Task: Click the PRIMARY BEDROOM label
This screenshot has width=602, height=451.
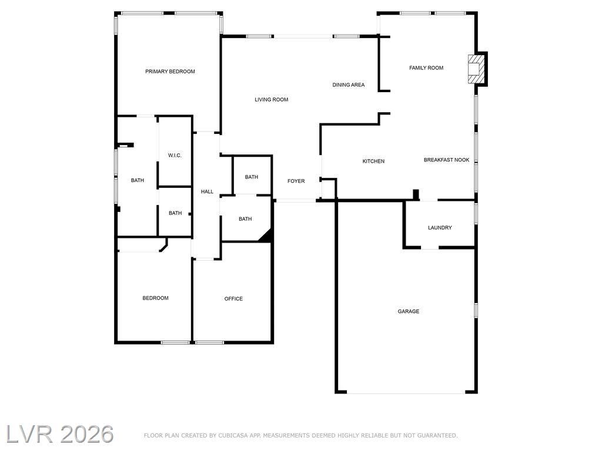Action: point(170,71)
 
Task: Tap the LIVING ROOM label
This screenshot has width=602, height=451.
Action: point(272,100)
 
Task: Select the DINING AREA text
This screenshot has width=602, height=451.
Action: point(349,85)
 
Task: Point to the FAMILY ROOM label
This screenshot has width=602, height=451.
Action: point(426,68)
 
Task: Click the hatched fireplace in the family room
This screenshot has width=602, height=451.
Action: point(476,69)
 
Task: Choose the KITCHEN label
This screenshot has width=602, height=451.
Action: point(373,161)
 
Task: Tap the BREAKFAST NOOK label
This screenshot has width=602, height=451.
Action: point(447,160)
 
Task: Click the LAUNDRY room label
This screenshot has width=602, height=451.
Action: point(440,228)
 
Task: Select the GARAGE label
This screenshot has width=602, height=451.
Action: point(409,311)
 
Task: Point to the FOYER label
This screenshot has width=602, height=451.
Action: point(296,181)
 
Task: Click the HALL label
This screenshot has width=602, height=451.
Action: point(207,192)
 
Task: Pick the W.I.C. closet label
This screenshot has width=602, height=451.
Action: point(175,156)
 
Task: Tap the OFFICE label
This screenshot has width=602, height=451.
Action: point(233,299)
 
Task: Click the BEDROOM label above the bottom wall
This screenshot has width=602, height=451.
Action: point(155,298)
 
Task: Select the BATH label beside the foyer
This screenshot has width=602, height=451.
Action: point(252,177)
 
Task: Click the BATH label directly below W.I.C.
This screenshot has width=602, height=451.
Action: point(175,213)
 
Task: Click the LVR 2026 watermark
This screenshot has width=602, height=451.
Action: point(60,434)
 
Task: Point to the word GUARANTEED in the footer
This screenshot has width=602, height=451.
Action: point(437,436)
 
